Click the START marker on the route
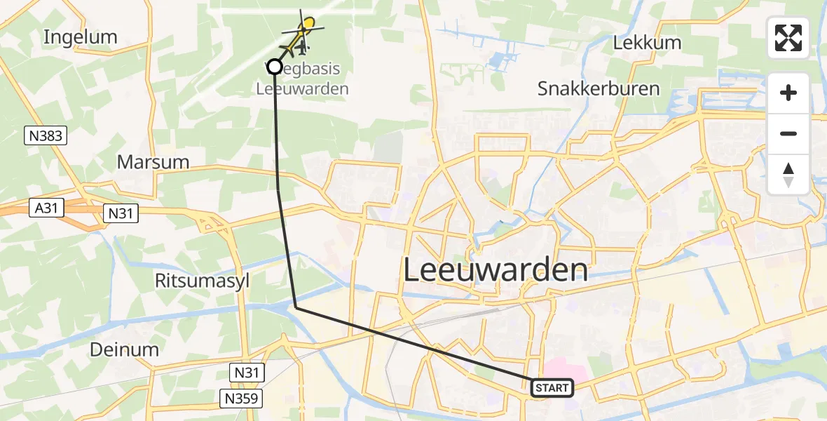click(x=553, y=388)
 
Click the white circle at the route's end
click(x=275, y=67)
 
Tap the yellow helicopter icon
click(x=303, y=32)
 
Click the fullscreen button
click(x=788, y=38)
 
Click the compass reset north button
click(x=788, y=175)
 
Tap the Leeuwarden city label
click(x=495, y=270)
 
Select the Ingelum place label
click(x=80, y=37)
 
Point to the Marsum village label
click(x=153, y=162)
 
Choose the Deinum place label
click(x=125, y=349)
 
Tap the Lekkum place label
click(x=647, y=43)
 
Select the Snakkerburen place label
click(x=599, y=89)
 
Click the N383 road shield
click(x=46, y=136)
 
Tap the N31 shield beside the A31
click(x=121, y=213)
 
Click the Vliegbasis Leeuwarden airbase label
click(x=303, y=79)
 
